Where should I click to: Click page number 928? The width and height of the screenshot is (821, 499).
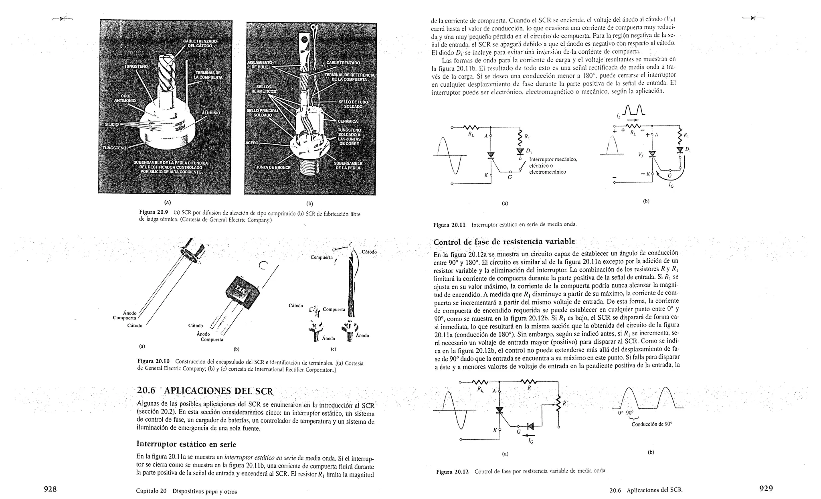click(50, 489)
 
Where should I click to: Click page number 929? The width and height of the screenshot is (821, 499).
click(766, 489)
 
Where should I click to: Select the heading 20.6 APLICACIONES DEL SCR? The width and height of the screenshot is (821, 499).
click(205, 391)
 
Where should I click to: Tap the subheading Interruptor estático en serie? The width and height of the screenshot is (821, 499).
click(186, 444)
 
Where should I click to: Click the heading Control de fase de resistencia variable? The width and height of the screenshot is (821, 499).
click(504, 241)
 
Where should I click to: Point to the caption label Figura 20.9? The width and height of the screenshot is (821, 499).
click(152, 212)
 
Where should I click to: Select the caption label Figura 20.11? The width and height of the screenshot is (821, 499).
click(449, 225)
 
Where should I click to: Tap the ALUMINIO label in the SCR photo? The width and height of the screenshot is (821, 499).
click(210, 113)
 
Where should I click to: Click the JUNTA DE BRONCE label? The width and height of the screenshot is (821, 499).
click(273, 167)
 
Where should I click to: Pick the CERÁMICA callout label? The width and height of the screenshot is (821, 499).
click(348, 121)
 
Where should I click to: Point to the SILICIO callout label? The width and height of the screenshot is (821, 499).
click(111, 124)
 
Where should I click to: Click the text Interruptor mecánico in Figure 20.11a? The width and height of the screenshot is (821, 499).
click(553, 160)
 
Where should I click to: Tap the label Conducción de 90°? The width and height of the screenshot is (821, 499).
click(651, 424)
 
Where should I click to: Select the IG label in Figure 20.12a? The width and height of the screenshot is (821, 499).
click(531, 441)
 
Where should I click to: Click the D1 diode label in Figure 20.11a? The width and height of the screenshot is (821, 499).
click(528, 151)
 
